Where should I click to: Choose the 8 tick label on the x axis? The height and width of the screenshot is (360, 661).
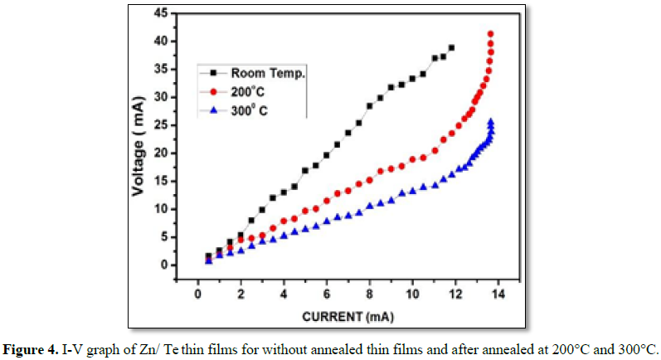pyautogui.click(x=370, y=294)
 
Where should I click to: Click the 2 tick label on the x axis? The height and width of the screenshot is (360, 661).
pyautogui.click(x=241, y=294)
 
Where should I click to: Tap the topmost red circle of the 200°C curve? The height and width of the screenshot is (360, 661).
pyautogui.click(x=491, y=34)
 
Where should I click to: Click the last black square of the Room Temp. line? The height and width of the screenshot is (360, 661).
pyautogui.click(x=451, y=47)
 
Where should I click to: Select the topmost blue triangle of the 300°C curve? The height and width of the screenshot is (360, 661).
pyautogui.click(x=491, y=122)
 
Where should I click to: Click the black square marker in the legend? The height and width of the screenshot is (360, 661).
pyautogui.click(x=212, y=74)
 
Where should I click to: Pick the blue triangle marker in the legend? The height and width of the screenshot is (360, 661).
pyautogui.click(x=212, y=109)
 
